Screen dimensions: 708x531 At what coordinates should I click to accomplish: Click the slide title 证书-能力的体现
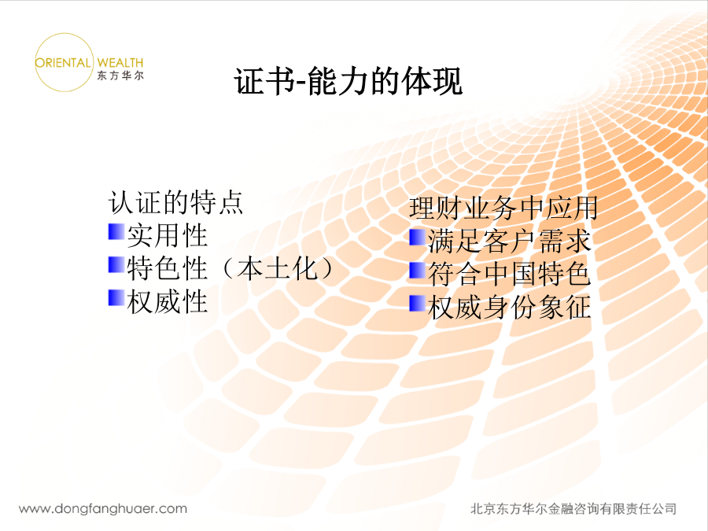tap(348, 81)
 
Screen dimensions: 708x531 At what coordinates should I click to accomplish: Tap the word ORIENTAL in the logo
tap(63, 63)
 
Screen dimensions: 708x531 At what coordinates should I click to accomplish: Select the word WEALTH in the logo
tap(120, 63)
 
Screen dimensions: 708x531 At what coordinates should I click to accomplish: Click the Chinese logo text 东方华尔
tap(120, 76)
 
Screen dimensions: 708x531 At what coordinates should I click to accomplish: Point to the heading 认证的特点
tap(176, 202)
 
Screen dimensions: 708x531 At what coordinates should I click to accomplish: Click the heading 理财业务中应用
tap(503, 208)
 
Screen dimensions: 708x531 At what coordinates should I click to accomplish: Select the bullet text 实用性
tap(167, 235)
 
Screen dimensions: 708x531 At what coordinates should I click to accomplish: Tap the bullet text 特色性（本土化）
tap(230, 268)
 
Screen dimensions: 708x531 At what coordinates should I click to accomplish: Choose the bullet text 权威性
tap(167, 301)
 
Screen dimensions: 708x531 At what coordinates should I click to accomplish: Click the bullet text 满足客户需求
tap(509, 242)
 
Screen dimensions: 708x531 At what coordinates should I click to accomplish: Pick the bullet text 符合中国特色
tap(509, 274)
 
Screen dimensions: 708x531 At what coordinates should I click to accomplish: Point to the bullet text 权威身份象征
tap(509, 307)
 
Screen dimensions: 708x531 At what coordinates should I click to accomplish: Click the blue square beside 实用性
tap(116, 231)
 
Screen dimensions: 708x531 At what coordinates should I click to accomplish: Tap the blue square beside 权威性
tap(116, 298)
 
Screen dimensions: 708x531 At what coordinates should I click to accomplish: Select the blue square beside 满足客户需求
tap(417, 238)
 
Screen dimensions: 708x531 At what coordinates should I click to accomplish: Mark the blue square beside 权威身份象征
tap(417, 304)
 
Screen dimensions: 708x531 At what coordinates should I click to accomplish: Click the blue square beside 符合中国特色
tap(417, 271)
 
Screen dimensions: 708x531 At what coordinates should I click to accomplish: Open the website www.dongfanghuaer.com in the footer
tap(103, 509)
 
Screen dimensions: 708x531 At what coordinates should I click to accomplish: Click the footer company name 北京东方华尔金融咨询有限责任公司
tap(573, 509)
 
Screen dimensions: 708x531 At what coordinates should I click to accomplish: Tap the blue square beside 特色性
tap(116, 265)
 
